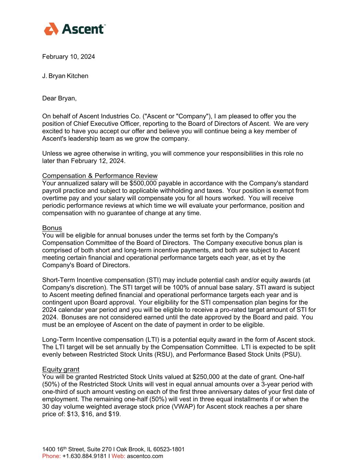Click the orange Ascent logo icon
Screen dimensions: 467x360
(x=51, y=29)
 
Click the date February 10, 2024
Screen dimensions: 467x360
(x=68, y=57)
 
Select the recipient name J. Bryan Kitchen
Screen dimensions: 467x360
(x=65, y=76)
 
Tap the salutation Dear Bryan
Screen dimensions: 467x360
(x=59, y=99)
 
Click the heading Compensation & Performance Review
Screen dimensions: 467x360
(x=100, y=176)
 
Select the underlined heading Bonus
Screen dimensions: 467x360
(x=52, y=228)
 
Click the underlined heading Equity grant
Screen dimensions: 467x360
(x=61, y=369)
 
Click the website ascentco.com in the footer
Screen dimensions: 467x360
(x=145, y=456)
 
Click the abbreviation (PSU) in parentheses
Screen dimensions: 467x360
(x=293, y=354)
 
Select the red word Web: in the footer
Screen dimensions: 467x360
(x=118, y=456)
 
